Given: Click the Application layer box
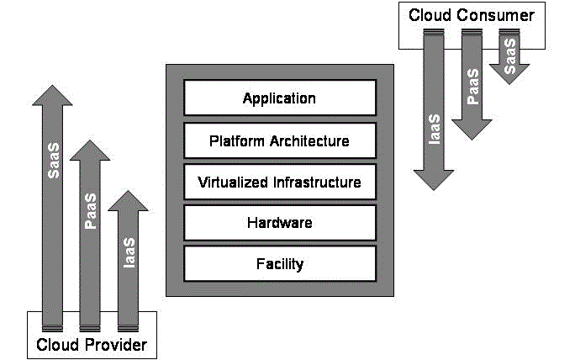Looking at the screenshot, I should [x=279, y=98].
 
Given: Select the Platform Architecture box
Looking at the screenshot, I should [x=279, y=140].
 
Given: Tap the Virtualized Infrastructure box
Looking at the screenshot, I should [x=279, y=182].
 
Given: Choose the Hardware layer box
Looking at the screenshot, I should [x=279, y=223].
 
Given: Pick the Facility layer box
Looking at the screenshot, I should [x=279, y=264].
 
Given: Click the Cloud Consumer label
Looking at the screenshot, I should [x=471, y=15].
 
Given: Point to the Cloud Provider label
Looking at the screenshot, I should [x=92, y=345].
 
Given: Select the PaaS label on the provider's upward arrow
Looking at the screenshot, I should [x=90, y=211].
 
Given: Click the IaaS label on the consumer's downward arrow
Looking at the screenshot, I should [x=435, y=129].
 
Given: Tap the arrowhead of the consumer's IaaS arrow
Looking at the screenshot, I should [x=435, y=179].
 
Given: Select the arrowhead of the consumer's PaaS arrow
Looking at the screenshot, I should [x=472, y=129].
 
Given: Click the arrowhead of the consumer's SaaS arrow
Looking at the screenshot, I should [x=509, y=74].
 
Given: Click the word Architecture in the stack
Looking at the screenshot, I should [x=310, y=140].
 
